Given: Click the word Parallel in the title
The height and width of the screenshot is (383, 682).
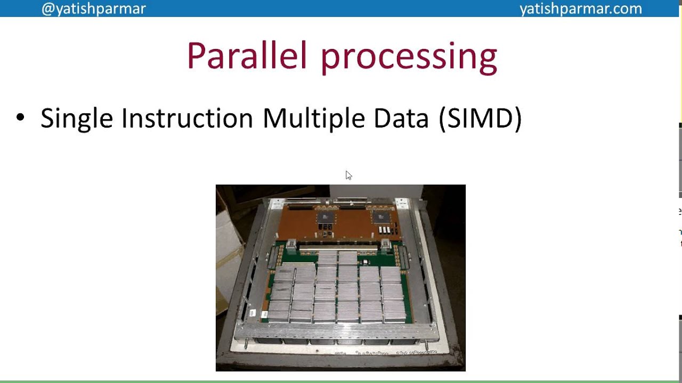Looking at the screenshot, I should click(247, 56).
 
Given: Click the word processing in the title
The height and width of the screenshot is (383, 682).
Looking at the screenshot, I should click(409, 57).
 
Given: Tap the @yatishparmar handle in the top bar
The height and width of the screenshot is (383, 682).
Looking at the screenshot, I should click(93, 9).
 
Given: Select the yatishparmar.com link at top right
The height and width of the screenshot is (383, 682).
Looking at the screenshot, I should click(580, 9).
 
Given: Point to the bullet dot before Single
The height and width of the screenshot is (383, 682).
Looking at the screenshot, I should click(20, 118).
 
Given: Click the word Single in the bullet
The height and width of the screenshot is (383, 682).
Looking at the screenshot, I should click(77, 118).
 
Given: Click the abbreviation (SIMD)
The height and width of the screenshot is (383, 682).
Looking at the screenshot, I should click(480, 118).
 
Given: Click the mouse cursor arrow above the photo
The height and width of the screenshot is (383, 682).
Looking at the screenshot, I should click(348, 175).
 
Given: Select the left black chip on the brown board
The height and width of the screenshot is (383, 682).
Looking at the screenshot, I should click(325, 218).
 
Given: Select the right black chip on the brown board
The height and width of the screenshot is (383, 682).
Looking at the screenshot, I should click(381, 217).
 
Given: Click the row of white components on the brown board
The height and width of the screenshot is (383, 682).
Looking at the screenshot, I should click(384, 230).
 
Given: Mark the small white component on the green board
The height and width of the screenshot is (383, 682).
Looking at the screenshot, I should click(366, 262).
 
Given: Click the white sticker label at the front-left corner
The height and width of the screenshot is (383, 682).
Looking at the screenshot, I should click(252, 313).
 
